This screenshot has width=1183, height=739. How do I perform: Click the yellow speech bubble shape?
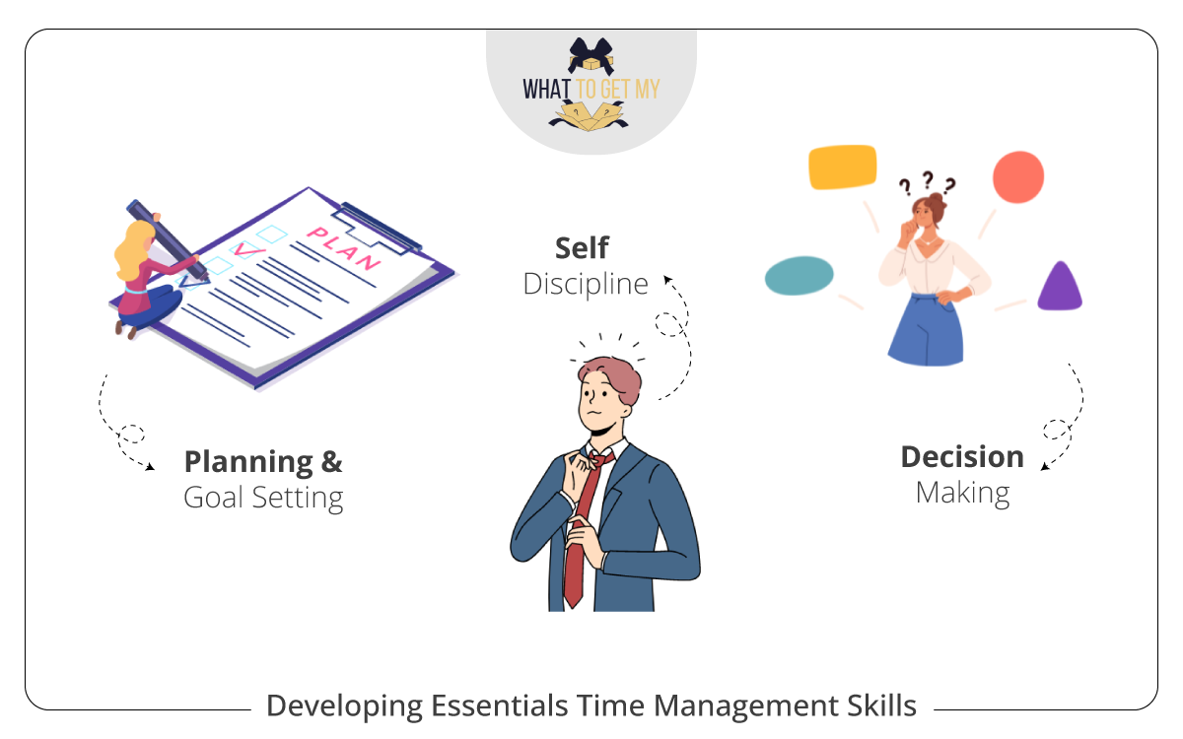click(x=842, y=167)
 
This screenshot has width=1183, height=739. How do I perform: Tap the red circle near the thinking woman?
click(x=1017, y=177)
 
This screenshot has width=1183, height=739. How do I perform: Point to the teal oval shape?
click(x=799, y=276)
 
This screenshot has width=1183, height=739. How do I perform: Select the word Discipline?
click(x=587, y=284)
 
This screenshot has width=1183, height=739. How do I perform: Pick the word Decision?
click(x=962, y=456)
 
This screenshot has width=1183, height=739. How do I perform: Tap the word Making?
click(x=962, y=492)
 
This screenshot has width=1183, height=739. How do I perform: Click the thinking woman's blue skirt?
click(x=925, y=330)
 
